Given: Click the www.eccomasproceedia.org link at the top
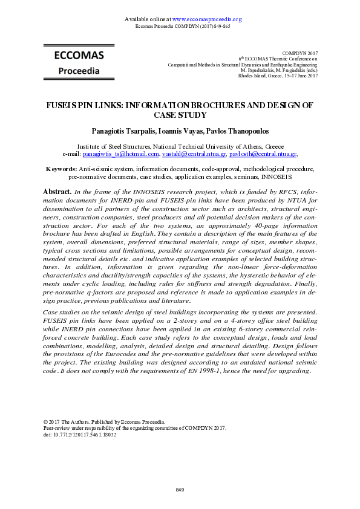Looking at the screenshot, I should [x=207, y=19].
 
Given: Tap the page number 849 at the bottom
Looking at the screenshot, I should [x=180, y=488].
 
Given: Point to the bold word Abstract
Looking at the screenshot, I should [x=58, y=191].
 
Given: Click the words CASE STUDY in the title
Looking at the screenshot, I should [x=180, y=115].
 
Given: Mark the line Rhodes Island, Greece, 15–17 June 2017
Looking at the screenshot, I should [x=278, y=76].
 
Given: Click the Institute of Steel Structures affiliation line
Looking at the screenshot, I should [x=180, y=146].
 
